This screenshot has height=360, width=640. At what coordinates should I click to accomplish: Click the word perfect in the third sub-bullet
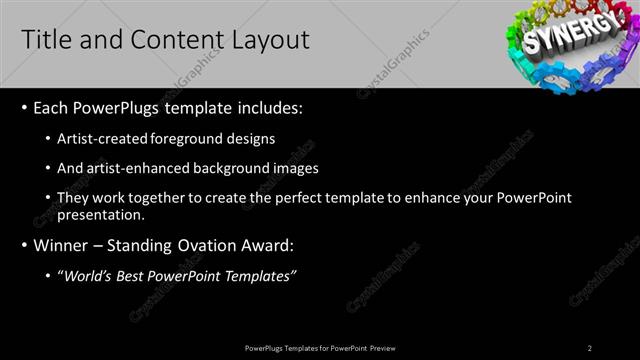tap(327, 199)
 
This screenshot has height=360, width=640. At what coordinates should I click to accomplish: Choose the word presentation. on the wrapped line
tap(102, 214)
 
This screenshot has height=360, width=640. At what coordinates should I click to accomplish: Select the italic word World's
tap(87, 275)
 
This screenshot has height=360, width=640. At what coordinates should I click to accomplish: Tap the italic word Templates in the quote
tap(262, 275)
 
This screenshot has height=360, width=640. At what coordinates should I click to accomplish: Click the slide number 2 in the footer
tap(589, 347)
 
